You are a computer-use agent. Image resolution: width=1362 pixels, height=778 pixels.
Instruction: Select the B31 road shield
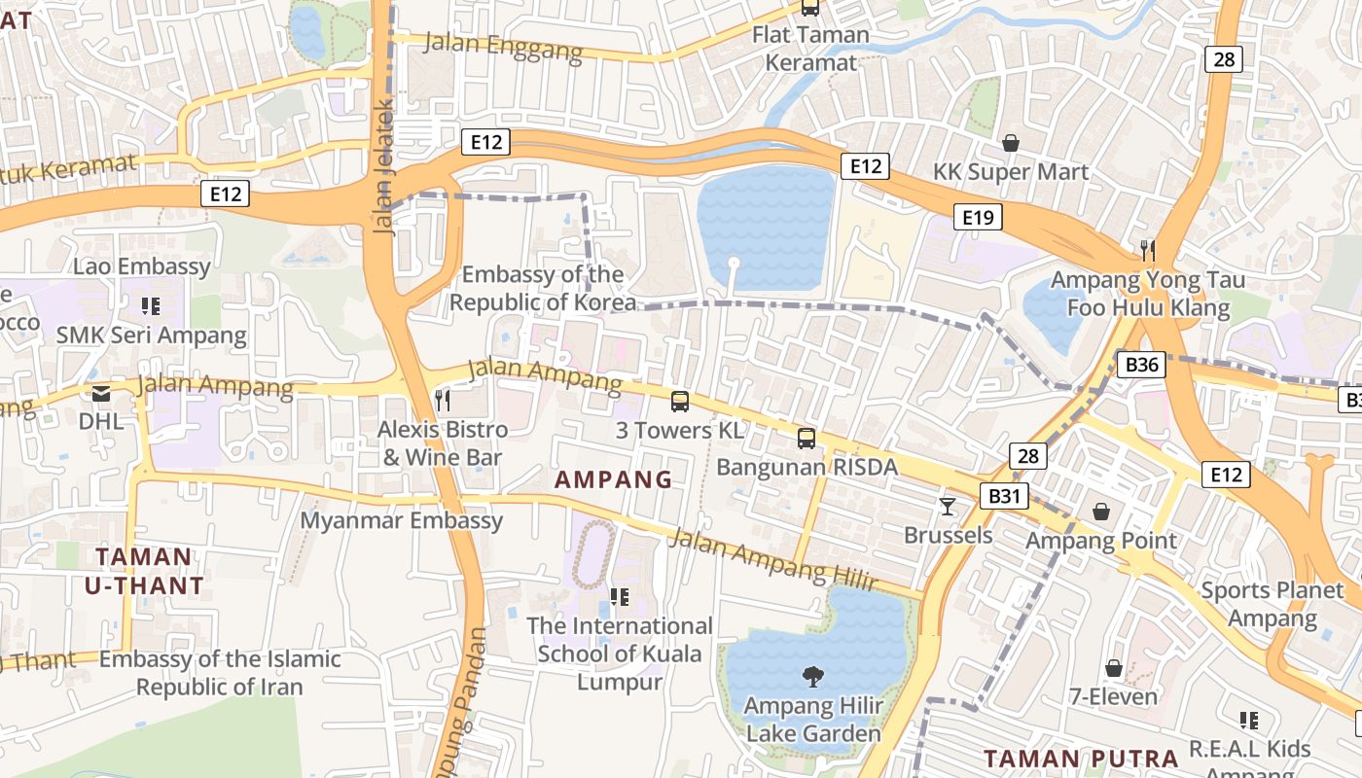[1007, 496]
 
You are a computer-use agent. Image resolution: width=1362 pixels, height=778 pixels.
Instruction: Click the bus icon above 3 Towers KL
[680, 401]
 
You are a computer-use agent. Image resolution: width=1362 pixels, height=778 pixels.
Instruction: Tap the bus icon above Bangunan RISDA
[806, 438]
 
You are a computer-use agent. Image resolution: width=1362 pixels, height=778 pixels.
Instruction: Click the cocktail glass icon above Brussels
[948, 506]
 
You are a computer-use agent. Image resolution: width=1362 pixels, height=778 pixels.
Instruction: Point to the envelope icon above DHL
[101, 394]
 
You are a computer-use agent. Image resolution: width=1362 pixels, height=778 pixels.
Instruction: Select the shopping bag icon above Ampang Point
[1101, 512]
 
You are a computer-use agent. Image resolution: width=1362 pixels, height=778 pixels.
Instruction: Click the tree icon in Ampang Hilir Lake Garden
[812, 676]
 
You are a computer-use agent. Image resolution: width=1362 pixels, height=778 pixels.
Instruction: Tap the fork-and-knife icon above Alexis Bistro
[443, 400]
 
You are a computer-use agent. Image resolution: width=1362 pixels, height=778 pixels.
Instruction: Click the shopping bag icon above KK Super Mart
[1011, 143]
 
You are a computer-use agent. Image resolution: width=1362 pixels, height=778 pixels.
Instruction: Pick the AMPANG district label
[613, 479]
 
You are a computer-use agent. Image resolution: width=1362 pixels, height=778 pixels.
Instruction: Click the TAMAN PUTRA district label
[1080, 759]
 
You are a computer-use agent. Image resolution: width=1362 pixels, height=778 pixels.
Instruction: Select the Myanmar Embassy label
[401, 520]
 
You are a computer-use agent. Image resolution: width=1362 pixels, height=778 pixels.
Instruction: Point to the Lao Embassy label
[142, 266]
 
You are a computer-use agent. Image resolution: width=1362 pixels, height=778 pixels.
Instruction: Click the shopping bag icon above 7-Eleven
[1114, 668]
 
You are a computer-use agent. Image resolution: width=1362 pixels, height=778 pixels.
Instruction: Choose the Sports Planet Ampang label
[1272, 604]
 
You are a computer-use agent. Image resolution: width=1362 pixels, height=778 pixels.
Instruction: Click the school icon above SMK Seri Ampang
[150, 306]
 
